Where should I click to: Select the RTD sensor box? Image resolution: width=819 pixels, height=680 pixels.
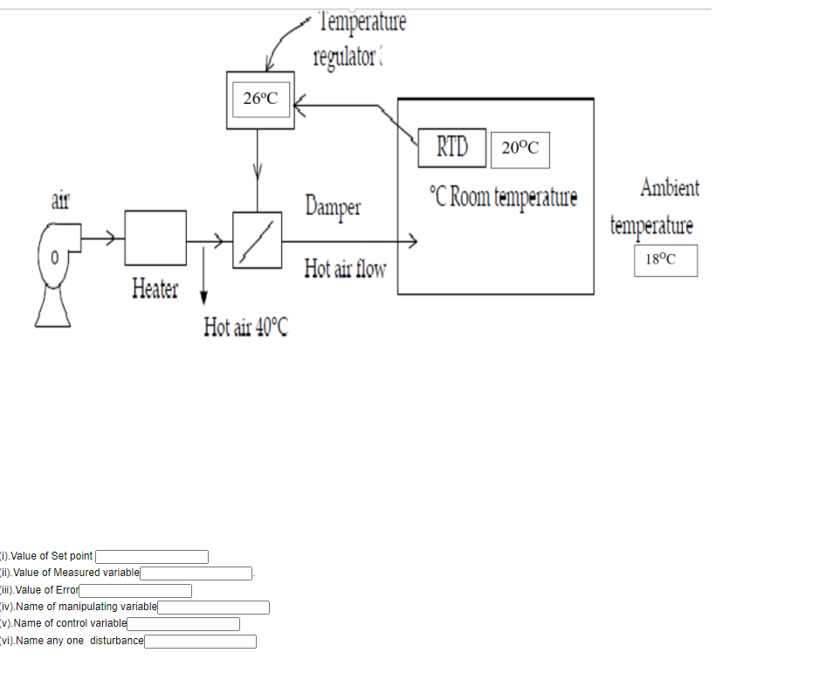click(x=451, y=148)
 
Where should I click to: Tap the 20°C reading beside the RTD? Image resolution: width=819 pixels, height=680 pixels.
click(x=520, y=148)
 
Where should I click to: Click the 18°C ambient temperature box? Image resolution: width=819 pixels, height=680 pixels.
click(x=665, y=259)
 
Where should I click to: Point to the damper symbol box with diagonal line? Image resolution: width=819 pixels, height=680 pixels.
click(x=257, y=240)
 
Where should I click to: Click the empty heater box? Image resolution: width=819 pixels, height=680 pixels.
click(x=155, y=237)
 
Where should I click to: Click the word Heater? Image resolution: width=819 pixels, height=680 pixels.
click(x=155, y=288)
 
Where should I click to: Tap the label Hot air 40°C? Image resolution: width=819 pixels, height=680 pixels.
click(x=245, y=327)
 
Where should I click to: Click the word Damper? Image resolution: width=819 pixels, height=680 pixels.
click(x=333, y=207)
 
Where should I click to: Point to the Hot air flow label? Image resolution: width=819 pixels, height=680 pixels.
click(x=345, y=269)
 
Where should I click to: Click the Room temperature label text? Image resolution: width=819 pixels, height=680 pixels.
click(x=504, y=196)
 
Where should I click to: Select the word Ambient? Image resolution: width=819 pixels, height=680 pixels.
click(x=670, y=188)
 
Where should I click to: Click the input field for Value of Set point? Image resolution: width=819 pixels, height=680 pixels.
click(x=152, y=557)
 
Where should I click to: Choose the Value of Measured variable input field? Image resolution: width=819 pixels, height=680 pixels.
click(x=196, y=574)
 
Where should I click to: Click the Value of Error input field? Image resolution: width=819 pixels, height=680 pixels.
click(x=135, y=591)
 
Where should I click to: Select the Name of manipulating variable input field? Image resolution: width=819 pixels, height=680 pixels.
click(x=213, y=608)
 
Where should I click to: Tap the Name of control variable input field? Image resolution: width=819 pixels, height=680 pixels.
click(x=183, y=624)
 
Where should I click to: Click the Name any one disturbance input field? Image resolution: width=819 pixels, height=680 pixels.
click(x=200, y=642)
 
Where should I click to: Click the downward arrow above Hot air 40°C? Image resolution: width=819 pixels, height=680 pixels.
click(x=204, y=275)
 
